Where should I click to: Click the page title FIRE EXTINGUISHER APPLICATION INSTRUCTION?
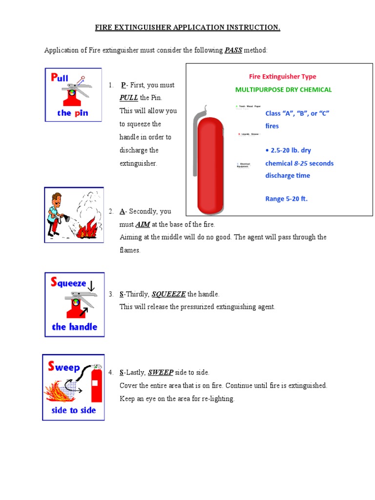[187, 27]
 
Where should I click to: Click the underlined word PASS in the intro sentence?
[233, 50]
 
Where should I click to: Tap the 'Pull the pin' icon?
[73, 95]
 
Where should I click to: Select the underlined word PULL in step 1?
[129, 98]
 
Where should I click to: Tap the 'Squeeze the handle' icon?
[74, 304]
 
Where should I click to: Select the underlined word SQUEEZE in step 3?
[168, 294]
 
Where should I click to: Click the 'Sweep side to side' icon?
[73, 387]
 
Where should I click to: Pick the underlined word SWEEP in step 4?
[161, 372]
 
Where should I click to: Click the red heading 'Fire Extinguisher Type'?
[283, 76]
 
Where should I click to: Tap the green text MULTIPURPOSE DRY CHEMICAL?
[283, 89]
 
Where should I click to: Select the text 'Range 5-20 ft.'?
[286, 199]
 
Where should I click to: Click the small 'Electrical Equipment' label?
[243, 165]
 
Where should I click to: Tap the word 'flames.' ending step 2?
[130, 250]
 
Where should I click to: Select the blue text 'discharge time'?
[287, 175]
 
